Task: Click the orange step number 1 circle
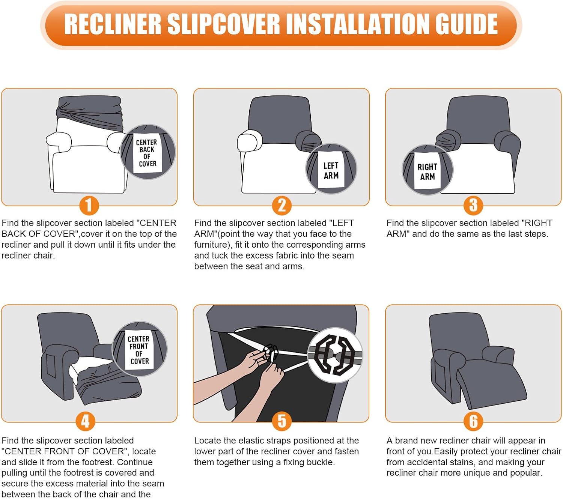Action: [x=89, y=205]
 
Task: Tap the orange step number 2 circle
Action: [x=281, y=205]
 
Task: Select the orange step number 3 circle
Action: [x=473, y=205]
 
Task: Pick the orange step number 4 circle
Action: [x=85, y=421]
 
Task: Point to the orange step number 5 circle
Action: [x=281, y=421]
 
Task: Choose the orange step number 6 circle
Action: [x=473, y=421]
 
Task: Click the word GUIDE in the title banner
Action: [x=466, y=24]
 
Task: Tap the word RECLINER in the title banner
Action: [x=113, y=24]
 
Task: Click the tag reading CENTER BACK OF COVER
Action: [x=147, y=153]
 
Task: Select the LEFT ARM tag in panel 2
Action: [x=331, y=170]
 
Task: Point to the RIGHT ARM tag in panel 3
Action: [x=428, y=171]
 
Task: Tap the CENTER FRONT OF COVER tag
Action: [x=139, y=350]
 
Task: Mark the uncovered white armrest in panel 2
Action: [x=249, y=141]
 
